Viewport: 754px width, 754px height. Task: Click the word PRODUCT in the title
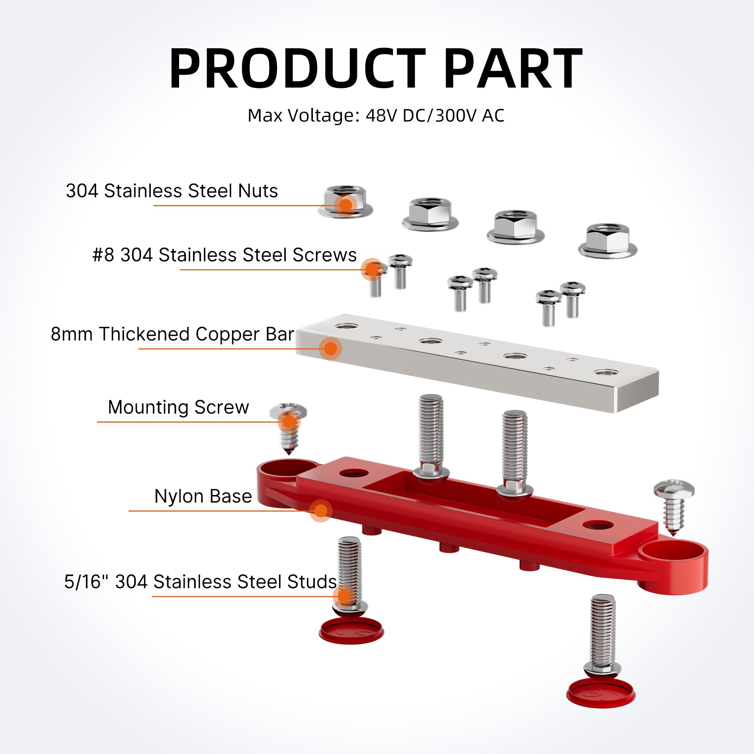point(297,69)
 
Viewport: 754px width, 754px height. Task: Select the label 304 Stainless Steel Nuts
point(172,191)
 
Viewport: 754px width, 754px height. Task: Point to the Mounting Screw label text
point(178,408)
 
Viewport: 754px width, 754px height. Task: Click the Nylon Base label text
point(203,497)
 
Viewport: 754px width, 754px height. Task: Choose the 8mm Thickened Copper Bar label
point(172,334)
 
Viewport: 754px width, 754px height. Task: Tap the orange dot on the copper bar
point(331,348)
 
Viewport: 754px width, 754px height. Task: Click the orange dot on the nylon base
point(321,510)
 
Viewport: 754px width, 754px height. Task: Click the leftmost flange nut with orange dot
point(345,201)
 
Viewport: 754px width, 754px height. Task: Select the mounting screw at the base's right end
point(674,506)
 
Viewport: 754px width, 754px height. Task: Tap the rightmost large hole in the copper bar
point(604,372)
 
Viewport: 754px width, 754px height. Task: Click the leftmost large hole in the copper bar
point(346,326)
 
